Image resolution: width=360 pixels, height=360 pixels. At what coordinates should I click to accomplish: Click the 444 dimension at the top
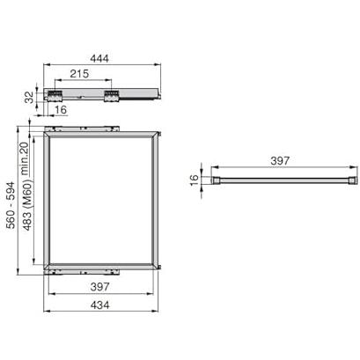tap(99, 58)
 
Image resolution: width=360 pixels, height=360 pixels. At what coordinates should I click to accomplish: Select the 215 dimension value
tap(79, 74)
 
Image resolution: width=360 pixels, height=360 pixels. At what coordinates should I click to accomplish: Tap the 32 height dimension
tap(29, 97)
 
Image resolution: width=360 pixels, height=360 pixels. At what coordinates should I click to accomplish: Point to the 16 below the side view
tap(61, 110)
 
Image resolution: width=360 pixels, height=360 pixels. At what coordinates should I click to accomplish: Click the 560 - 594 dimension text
tap(11, 205)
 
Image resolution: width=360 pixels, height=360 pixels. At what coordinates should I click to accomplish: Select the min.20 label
tap(25, 158)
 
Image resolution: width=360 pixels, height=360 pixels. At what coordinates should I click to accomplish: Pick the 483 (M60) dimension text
tap(27, 204)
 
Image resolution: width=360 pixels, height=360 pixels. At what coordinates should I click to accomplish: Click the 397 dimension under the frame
tap(99, 287)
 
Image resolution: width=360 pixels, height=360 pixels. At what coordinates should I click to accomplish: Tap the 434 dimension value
tap(99, 305)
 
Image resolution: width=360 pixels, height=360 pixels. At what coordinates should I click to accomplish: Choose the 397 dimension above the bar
tap(280, 161)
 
